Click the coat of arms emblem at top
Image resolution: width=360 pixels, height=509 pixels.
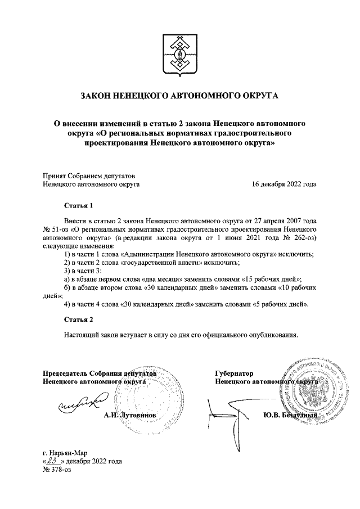coord(179,55)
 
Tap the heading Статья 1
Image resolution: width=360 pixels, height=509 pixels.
coord(78,206)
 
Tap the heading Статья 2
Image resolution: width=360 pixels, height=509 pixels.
coord(78,319)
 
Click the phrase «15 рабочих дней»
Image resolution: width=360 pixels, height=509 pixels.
coord(273,278)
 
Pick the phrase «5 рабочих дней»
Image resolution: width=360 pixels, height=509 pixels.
coord(280,304)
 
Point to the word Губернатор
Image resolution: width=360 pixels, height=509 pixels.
coord(234,373)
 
